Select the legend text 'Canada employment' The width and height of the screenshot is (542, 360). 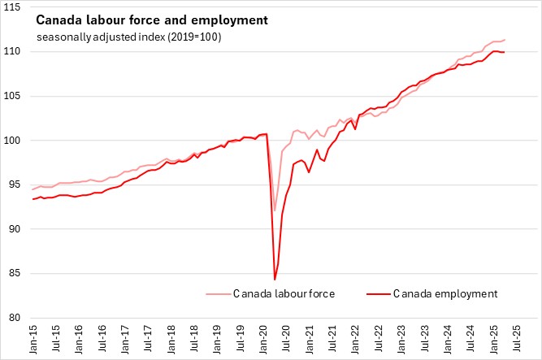[x=444, y=293]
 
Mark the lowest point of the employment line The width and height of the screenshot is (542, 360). [x=275, y=280]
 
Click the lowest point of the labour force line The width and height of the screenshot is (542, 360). [x=275, y=210]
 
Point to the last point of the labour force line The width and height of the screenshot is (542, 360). [x=505, y=40]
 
